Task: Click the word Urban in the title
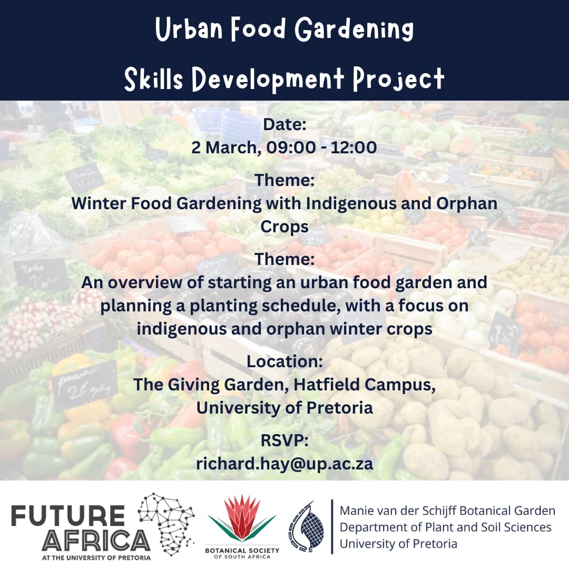[186, 30]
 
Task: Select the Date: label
[284, 125]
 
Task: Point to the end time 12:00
[354, 147]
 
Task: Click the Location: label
[284, 362]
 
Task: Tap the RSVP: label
[284, 441]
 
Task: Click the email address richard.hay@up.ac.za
[284, 464]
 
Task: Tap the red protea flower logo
[242, 519]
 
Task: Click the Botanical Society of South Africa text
[242, 554]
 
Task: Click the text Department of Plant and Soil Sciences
[445, 527]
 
